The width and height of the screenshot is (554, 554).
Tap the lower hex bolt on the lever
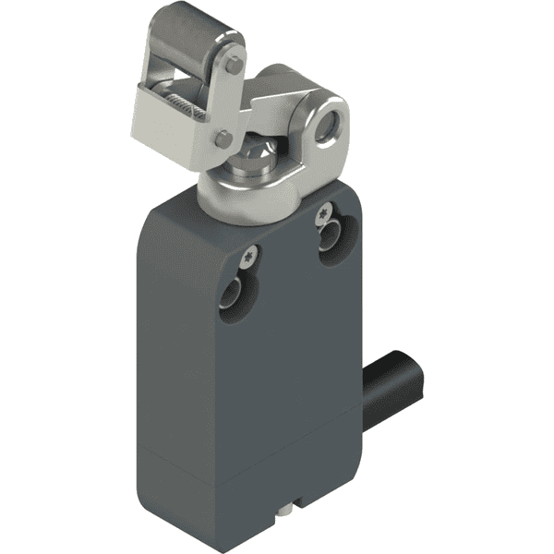pos(223,139)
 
